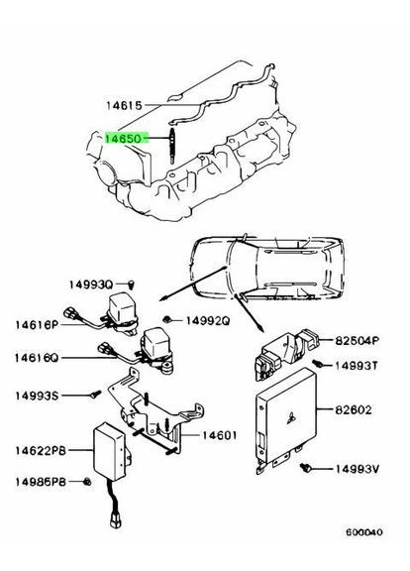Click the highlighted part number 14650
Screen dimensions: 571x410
coord(124,139)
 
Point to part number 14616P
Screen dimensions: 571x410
coord(37,324)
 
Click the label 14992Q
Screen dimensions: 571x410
coord(207,321)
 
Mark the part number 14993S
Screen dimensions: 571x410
coord(37,396)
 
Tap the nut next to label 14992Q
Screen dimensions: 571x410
coord(171,319)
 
